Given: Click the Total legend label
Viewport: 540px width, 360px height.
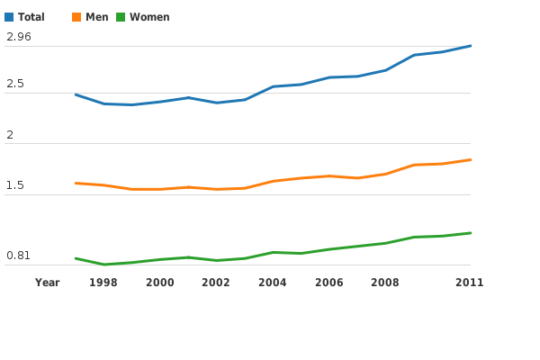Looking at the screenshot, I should point(31,17).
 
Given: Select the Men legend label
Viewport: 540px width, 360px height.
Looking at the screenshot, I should point(97,17).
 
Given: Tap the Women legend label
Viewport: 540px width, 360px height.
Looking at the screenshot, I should point(149,17).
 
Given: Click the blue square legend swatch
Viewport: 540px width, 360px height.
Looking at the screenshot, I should point(9,17).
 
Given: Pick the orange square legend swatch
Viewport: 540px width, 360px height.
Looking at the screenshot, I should point(76,17).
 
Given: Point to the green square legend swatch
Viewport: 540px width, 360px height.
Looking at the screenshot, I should point(121,17).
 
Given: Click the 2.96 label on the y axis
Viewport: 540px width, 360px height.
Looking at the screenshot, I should point(19,37).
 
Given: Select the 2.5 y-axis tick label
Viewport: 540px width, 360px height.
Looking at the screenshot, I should point(15,84).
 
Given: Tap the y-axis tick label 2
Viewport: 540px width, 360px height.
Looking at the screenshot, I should point(10,134).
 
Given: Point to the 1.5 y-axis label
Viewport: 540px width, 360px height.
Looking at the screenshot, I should point(15,185).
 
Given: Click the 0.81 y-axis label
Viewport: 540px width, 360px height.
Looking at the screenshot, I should point(19,256).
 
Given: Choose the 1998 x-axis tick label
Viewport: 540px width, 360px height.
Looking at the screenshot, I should point(103,283).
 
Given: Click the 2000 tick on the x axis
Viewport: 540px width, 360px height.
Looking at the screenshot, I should point(160,283).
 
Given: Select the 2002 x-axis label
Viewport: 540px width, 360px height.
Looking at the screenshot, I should point(216,283).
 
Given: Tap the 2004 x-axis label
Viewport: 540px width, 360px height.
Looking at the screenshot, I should point(273,283).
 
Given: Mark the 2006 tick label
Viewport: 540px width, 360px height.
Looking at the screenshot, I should point(329,283).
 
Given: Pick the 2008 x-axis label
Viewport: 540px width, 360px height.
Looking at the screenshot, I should point(385,283).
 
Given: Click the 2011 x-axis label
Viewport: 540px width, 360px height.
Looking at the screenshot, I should point(470,283).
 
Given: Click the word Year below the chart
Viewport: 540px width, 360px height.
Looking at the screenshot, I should point(48,283).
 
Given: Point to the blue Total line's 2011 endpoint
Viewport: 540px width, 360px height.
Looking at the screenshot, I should point(471,46).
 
